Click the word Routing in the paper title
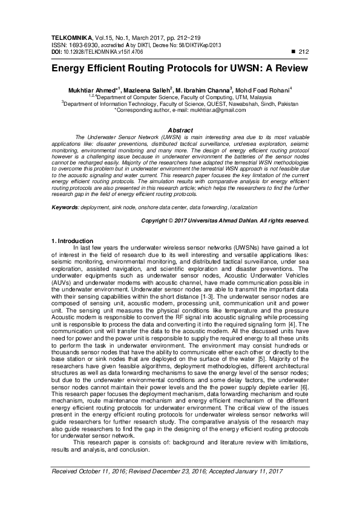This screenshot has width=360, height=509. pos(151,68)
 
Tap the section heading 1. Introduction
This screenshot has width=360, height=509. pos(72,241)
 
